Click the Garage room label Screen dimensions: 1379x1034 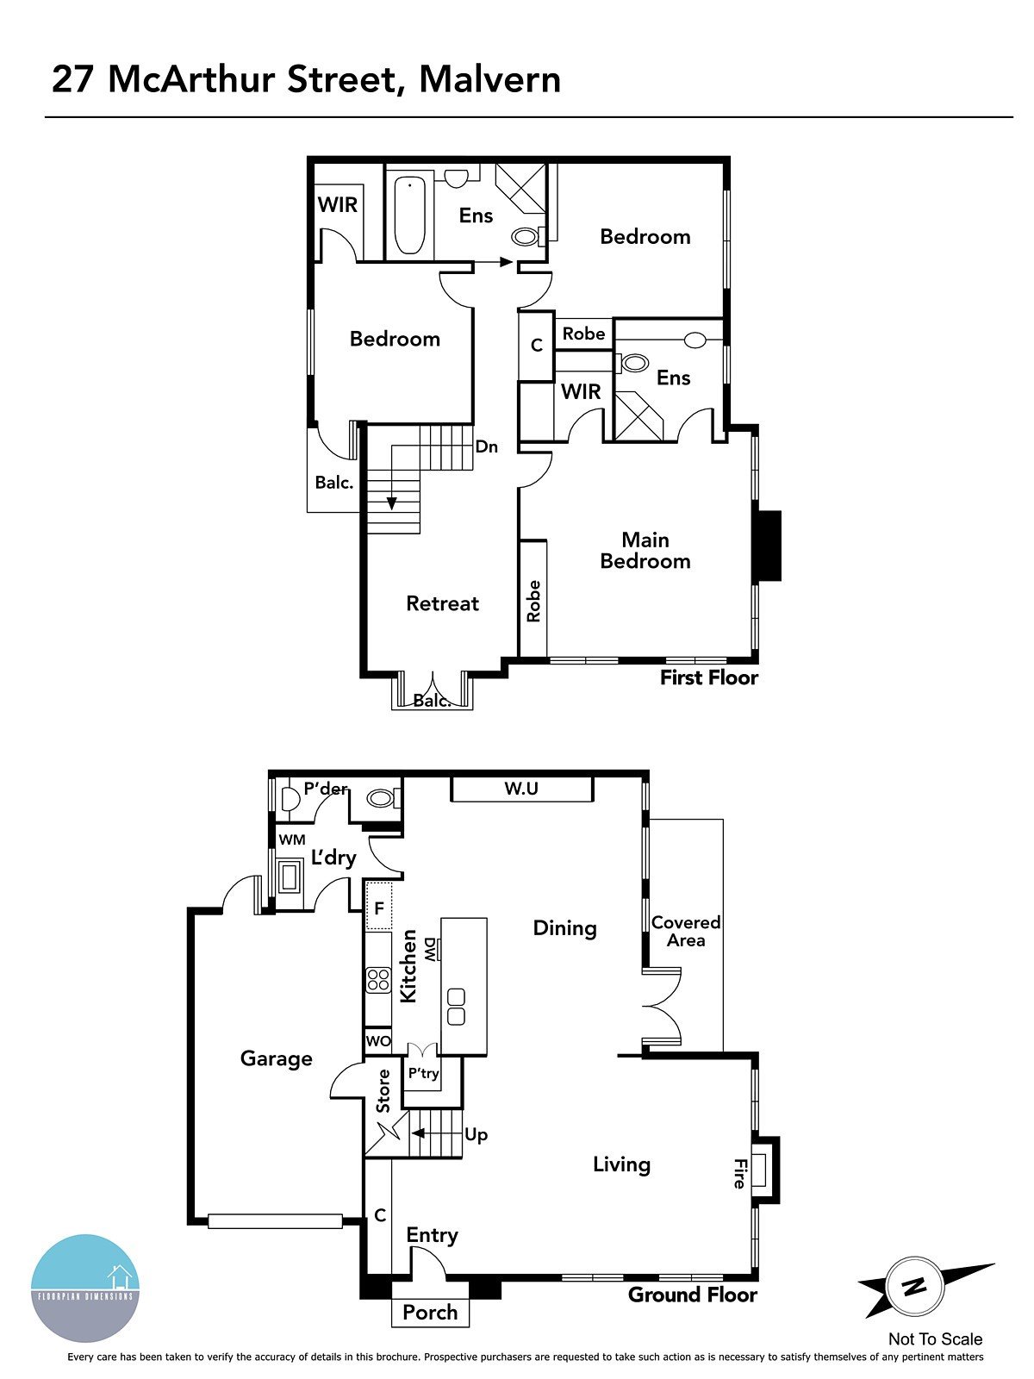[x=276, y=1058]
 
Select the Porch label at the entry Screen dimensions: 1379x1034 [x=430, y=1313]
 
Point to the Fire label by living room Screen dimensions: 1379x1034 [x=739, y=1174]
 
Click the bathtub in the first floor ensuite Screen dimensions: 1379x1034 [x=409, y=215]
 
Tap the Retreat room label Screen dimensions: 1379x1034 [x=442, y=603]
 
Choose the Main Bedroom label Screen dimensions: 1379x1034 [x=645, y=551]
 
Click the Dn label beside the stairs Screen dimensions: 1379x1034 [x=487, y=446]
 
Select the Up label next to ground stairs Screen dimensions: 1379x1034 [x=476, y=1134]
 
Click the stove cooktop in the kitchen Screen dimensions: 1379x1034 [x=378, y=980]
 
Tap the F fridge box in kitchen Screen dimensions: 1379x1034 [x=379, y=908]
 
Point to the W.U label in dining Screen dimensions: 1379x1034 [x=521, y=789]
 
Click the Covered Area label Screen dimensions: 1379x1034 [x=686, y=932]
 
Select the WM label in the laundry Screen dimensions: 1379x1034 [x=291, y=839]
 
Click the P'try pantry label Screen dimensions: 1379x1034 [x=423, y=1074]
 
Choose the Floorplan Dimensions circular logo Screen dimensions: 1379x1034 [x=84, y=1289]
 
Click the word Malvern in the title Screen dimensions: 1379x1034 [x=489, y=79]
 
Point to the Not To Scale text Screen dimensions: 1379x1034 [x=935, y=1338]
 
